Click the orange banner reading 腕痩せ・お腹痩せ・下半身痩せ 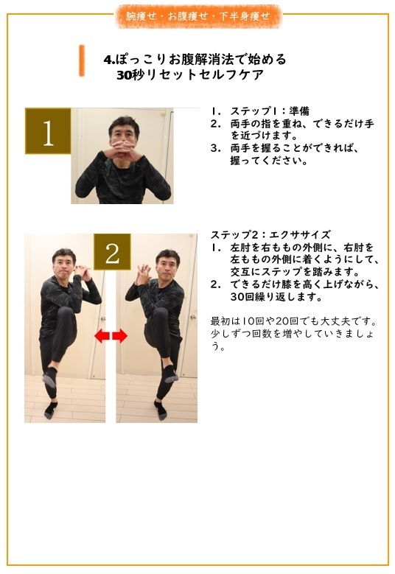(198, 15)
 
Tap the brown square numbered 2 (112, 253)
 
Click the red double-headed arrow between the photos (111, 336)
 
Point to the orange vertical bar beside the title (82, 60)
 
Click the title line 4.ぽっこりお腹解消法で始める (195, 59)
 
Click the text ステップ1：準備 (262, 111)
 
